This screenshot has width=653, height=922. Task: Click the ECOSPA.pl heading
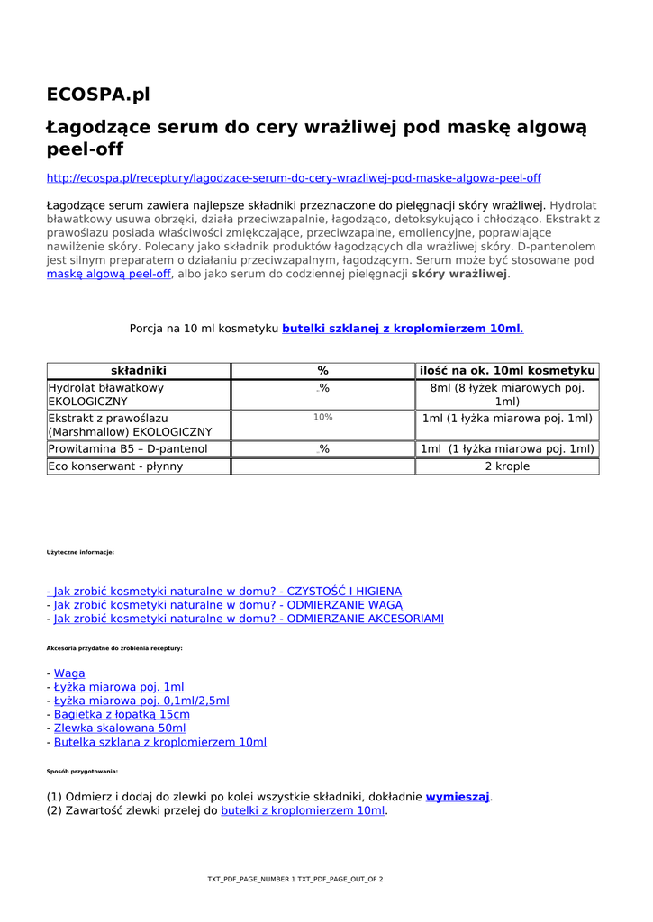pos(98,95)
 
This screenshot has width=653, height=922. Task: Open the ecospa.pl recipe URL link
pos(293,178)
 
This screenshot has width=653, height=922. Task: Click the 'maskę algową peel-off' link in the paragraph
pos(108,274)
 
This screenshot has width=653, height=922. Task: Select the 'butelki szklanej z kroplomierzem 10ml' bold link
pos(402,329)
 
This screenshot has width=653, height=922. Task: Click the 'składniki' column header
pos(139,371)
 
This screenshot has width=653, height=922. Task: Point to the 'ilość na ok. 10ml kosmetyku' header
pos(507,371)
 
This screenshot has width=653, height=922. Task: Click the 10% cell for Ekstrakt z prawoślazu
pos(322,418)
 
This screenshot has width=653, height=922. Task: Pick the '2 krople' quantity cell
pos(507,466)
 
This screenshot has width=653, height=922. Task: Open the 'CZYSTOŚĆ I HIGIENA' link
pos(225,592)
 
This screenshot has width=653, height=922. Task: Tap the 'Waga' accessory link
pos(69,673)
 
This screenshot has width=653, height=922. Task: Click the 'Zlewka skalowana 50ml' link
pos(120,728)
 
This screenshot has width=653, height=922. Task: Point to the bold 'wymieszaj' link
pos(458,797)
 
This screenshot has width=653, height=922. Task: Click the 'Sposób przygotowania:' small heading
pos(82,772)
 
